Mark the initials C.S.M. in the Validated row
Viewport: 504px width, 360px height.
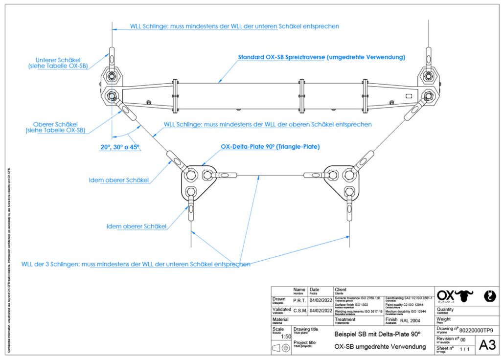coord(300,310)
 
